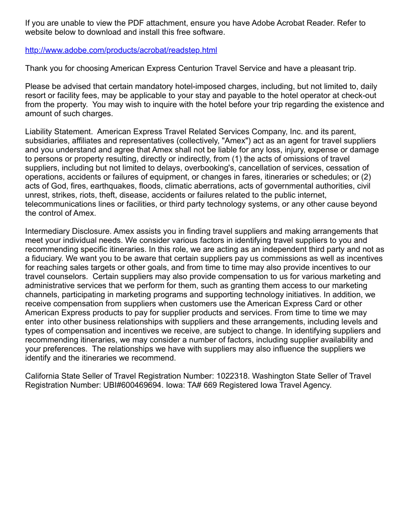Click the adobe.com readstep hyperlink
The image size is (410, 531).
coord(121,50)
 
